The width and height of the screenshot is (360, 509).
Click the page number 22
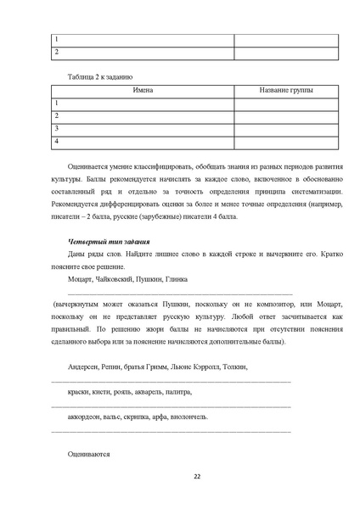[x=196, y=476]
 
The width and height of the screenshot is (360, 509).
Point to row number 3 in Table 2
[x=56, y=128]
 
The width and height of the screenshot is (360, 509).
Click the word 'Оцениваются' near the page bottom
[x=89, y=455]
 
